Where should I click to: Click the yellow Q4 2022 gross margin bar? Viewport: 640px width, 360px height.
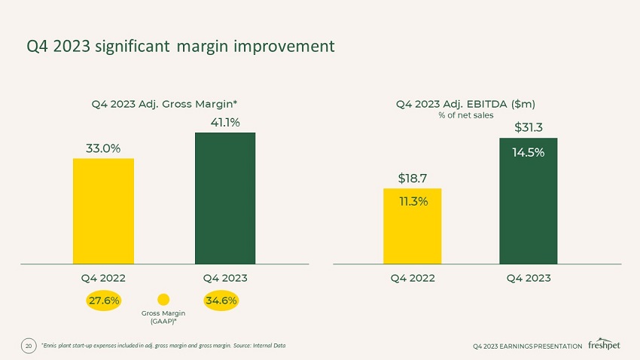click(103, 211)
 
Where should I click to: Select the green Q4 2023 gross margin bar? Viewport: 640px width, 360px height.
click(225, 198)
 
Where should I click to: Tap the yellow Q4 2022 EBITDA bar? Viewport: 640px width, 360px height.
click(413, 226)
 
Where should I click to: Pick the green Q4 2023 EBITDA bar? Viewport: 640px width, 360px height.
click(528, 201)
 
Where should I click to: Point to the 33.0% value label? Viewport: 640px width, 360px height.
click(103, 148)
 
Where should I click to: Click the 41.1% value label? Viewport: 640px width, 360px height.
click(225, 123)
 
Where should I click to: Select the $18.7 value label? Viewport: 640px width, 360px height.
click(413, 178)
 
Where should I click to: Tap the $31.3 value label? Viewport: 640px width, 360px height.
click(528, 127)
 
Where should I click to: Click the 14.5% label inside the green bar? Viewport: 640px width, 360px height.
click(528, 153)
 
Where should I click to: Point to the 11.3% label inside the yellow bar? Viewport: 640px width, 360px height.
click(413, 201)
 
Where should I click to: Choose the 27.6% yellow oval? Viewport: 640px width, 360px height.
click(104, 301)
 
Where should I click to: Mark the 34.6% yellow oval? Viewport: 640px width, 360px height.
click(221, 301)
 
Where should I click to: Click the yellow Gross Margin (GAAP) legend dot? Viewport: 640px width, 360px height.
click(163, 300)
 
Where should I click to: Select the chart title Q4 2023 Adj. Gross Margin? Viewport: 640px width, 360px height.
click(164, 104)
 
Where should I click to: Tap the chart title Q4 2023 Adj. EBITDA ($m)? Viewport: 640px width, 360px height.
click(465, 104)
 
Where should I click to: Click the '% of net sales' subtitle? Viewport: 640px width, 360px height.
click(466, 115)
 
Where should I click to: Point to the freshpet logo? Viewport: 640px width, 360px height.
click(604, 344)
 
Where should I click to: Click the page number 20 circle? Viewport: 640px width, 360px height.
click(29, 346)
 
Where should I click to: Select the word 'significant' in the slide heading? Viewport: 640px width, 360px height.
click(133, 47)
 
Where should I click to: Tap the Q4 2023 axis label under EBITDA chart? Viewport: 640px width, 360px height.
click(528, 279)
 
